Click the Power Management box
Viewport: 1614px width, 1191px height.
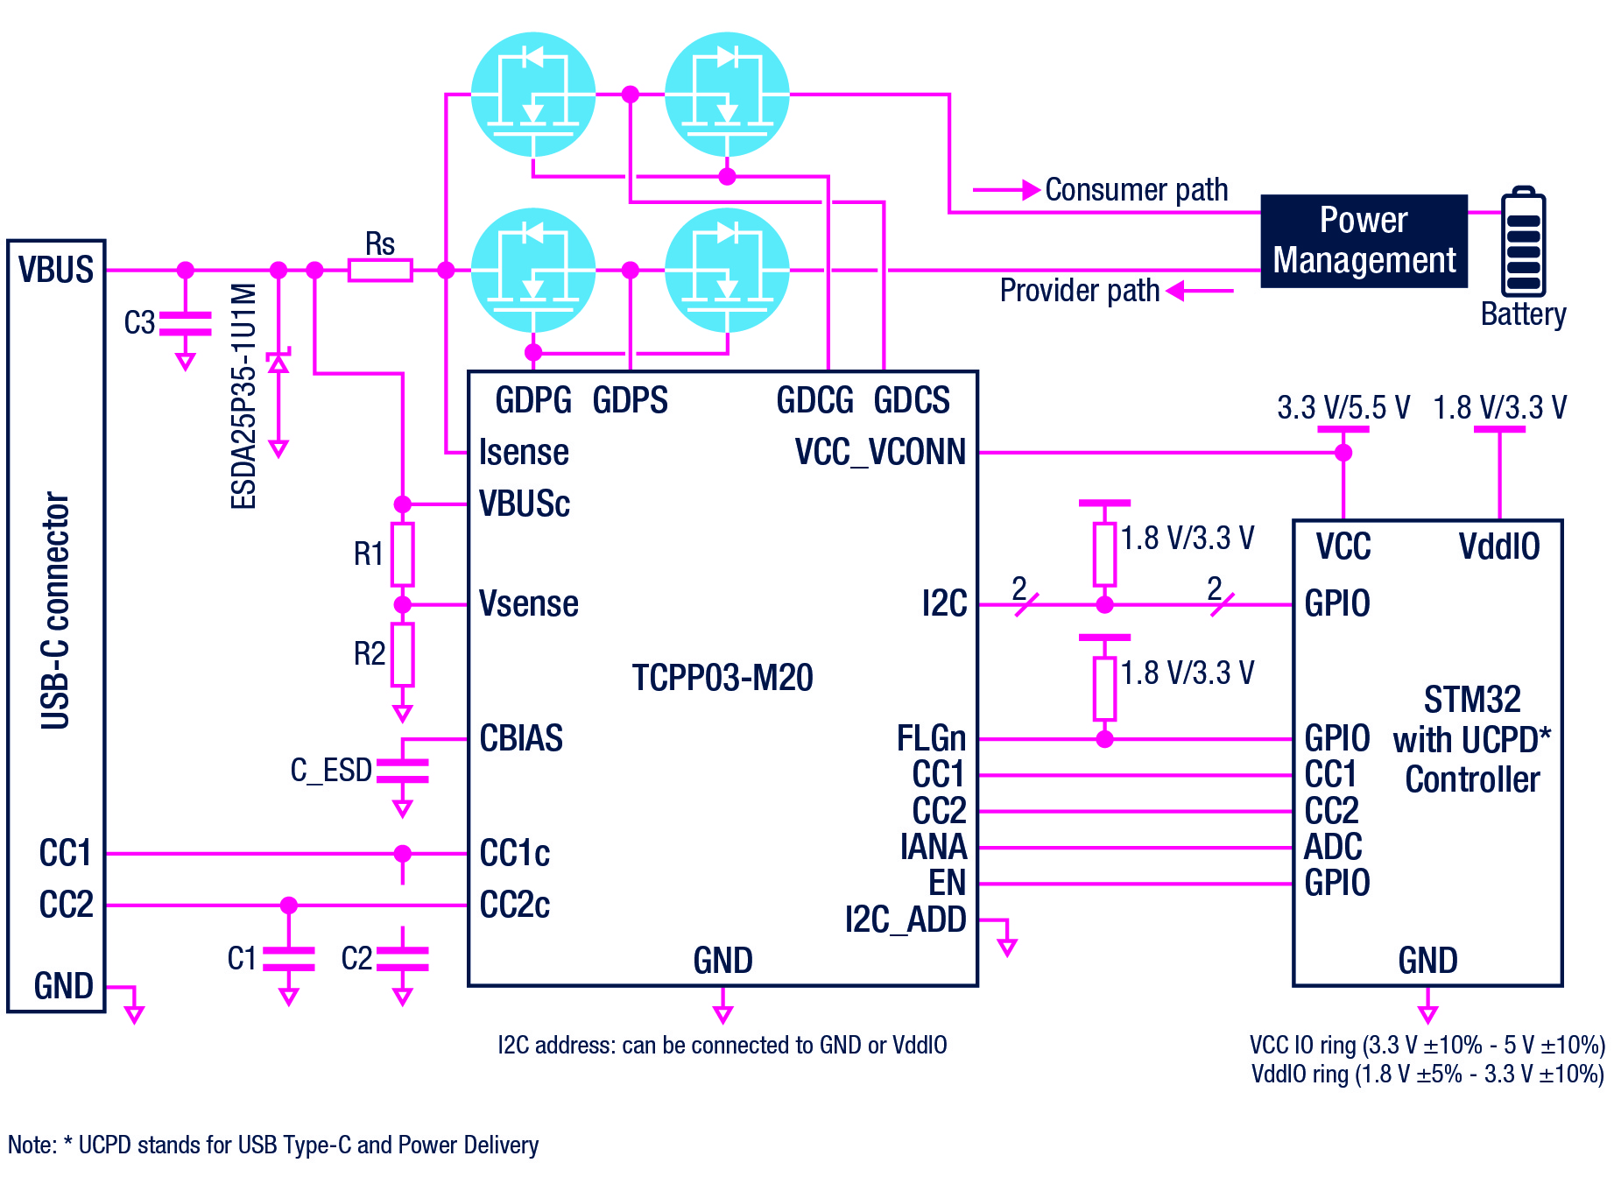[x=1364, y=241]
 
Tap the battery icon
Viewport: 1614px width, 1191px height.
[x=1523, y=243]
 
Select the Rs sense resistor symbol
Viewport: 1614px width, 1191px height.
[x=380, y=271]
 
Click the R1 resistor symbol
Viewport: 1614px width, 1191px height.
[x=402, y=554]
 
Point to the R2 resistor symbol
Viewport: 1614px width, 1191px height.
[x=402, y=654]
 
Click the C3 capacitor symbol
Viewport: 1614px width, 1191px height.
[x=185, y=323]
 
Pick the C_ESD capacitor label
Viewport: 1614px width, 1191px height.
[x=331, y=771]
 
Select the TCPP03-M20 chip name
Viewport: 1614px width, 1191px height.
[x=722, y=678]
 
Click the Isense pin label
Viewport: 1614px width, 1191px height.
[x=524, y=453]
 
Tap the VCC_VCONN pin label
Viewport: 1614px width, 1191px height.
[x=879, y=452]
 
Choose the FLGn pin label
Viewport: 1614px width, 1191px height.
[x=931, y=738]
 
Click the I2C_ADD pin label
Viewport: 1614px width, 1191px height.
[x=906, y=920]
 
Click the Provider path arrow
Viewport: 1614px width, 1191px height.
[x=1200, y=291]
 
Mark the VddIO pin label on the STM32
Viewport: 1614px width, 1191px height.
[x=1498, y=546]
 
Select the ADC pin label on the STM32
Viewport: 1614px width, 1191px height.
[x=1333, y=847]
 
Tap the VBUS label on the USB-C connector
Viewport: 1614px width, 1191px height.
[x=56, y=270]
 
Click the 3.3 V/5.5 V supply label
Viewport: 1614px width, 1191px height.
[x=1343, y=408]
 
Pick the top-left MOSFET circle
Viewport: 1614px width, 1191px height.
[x=533, y=95]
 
